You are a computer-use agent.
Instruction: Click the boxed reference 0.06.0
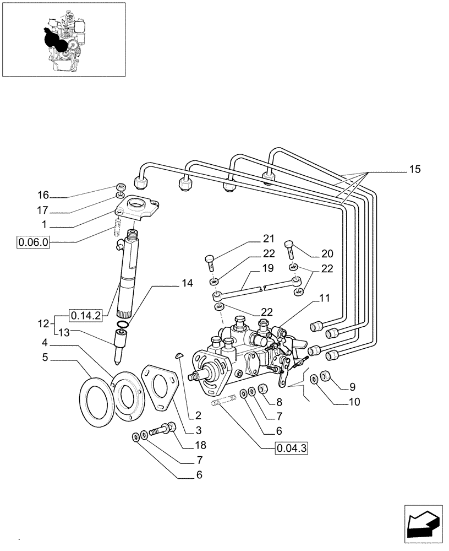34,242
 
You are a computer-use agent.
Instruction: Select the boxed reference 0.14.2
85,316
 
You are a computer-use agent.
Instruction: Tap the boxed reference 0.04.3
291,449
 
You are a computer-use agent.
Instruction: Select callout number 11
325,298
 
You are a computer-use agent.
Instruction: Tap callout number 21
268,239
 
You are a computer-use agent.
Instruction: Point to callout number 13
65,332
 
